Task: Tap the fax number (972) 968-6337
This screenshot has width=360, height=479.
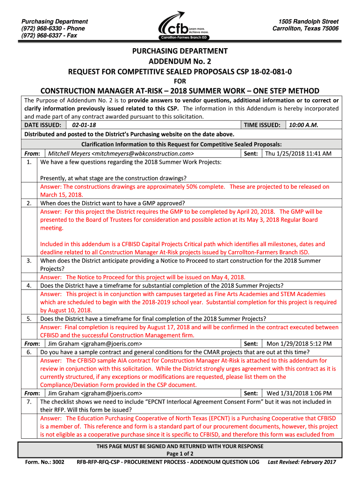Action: tap(37, 36)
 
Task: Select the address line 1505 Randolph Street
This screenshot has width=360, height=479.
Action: tap(308, 22)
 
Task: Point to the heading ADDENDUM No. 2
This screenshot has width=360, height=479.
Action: tap(180, 61)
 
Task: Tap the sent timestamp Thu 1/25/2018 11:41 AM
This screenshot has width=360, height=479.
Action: tap(298, 153)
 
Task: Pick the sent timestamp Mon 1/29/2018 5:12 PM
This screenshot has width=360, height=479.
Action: tap(299, 343)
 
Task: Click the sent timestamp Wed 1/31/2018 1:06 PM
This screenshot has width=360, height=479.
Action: tap(299, 393)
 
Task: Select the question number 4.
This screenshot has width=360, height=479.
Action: tap(29, 285)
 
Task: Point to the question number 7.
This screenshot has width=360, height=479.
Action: tap(29, 401)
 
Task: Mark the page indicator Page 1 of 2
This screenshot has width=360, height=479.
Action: tap(180, 453)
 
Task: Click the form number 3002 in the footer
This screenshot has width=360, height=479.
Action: tap(59, 462)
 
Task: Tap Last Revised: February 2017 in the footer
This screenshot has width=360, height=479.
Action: tap(302, 462)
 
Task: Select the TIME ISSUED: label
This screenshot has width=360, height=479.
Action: tap(262, 125)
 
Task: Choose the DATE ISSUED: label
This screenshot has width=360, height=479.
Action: tap(43, 125)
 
